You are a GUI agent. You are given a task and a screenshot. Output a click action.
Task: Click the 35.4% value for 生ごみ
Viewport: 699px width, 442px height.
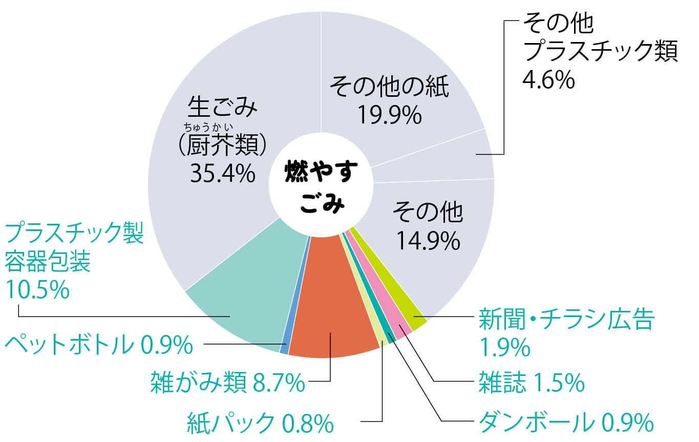(222, 173)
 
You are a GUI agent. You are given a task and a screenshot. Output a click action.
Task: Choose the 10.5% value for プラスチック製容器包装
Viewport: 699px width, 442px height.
(37, 290)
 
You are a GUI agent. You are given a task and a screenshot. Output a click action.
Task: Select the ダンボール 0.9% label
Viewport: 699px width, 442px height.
(566, 424)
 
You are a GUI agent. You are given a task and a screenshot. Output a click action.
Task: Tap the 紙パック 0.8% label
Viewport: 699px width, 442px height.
(260, 424)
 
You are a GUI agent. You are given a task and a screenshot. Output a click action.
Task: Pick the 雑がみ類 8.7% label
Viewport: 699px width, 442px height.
(227, 383)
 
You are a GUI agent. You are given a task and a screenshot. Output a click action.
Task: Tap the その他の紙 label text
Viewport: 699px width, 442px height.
(389, 87)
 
